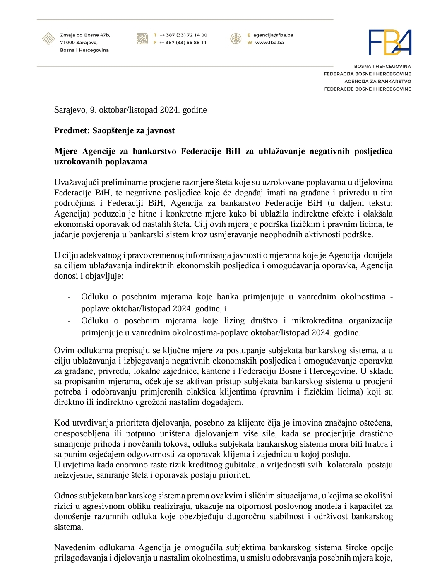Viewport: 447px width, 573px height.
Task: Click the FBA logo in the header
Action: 390,43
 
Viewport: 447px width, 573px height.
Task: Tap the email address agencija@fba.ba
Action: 273,35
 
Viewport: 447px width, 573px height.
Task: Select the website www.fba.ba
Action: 269,43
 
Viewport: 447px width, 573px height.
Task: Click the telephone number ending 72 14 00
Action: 183,35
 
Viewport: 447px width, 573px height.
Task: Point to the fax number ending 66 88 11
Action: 183,43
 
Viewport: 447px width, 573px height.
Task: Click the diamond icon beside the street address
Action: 48,39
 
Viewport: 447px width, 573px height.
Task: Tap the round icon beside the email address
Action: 236,39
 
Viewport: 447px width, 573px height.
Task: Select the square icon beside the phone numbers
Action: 142,39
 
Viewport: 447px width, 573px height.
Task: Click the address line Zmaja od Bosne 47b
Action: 85,35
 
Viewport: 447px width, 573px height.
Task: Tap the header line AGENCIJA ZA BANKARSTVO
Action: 377,82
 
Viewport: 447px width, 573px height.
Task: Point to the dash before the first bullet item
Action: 69,297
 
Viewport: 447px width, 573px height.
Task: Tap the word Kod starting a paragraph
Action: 61,423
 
